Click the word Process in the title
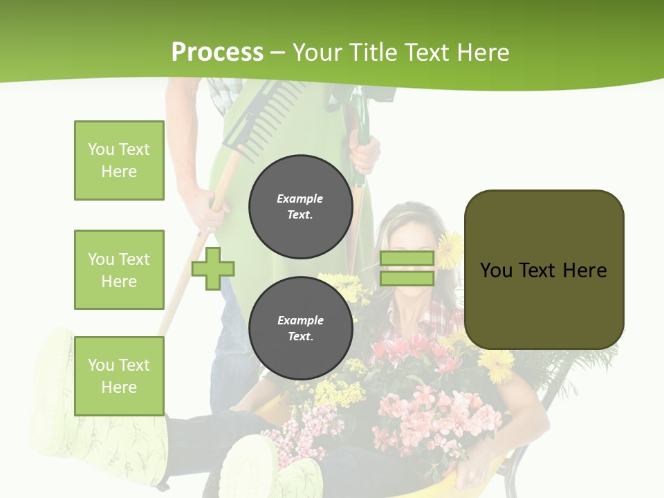(x=217, y=53)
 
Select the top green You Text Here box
(x=119, y=160)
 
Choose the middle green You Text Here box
(x=119, y=270)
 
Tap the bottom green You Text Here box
(x=119, y=376)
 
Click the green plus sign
(x=213, y=268)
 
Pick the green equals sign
(x=407, y=268)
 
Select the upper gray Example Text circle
(x=300, y=206)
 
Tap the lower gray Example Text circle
(x=300, y=328)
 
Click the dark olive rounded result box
(x=544, y=270)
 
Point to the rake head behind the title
(x=266, y=111)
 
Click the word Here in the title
(x=483, y=53)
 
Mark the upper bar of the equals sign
(x=407, y=259)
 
